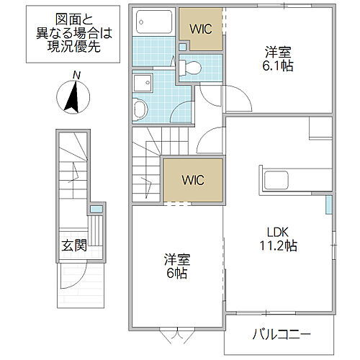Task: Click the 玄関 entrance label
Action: coord(73,245)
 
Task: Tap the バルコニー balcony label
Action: coord(281,336)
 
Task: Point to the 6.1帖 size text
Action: coord(278,66)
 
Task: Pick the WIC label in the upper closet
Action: coord(201,29)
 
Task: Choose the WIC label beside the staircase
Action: coord(184,179)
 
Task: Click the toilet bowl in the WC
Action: coord(190,68)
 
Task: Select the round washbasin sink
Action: coord(141,109)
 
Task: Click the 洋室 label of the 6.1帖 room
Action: coord(278,52)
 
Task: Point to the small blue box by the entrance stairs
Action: coord(94,210)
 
